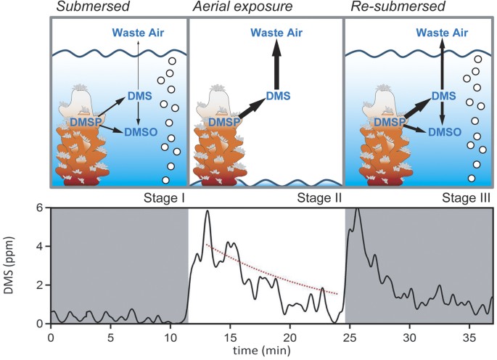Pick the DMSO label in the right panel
point(443,134)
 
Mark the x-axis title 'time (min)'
point(268,351)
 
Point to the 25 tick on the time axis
point(349,337)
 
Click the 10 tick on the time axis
point(170,337)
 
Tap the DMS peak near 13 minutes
point(208,212)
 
